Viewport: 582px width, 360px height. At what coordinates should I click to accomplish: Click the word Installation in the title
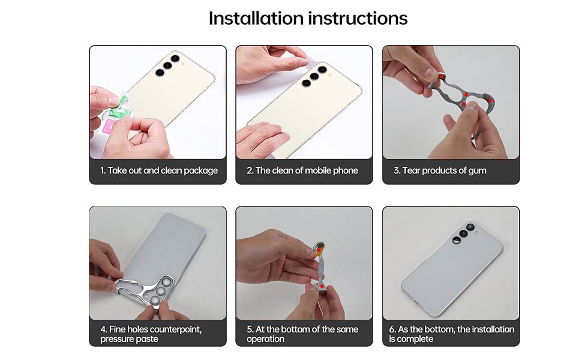click(x=256, y=18)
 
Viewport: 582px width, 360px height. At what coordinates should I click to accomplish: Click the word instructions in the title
click(x=358, y=19)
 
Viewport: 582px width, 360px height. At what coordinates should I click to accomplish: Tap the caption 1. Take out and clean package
click(x=159, y=171)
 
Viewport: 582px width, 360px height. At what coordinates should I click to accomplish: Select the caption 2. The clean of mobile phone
click(x=302, y=170)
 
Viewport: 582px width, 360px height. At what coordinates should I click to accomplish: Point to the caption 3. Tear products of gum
click(x=440, y=171)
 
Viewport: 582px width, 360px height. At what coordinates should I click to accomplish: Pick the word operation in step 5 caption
click(x=265, y=339)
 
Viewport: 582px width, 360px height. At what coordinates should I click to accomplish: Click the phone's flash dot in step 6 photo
click(x=478, y=233)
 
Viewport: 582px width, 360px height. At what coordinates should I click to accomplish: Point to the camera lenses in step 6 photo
click(x=463, y=233)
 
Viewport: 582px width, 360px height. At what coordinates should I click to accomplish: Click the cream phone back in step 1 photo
click(x=172, y=89)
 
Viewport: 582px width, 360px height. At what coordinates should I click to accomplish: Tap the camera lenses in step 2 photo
click(x=314, y=76)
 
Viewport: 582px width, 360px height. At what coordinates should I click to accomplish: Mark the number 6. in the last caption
click(x=392, y=329)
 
